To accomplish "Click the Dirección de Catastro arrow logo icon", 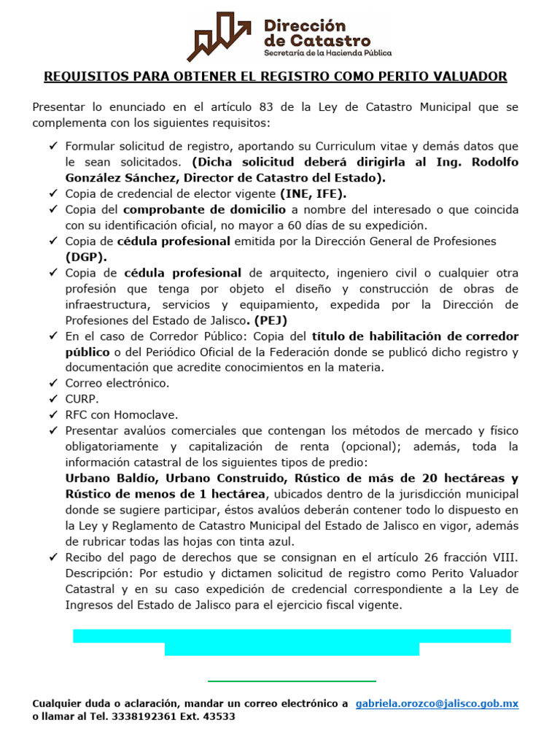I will point(222,36).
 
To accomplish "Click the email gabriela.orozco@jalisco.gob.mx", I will point(437,704).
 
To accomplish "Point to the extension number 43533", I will point(219,716).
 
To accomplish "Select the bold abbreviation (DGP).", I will point(86,257).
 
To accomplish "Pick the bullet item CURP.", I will point(81,399).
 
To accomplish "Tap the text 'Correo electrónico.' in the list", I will point(117,383).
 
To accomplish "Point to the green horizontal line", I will point(292,681).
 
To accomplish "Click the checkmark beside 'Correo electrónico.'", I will point(53,383).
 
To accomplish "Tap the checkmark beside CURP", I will point(53,399).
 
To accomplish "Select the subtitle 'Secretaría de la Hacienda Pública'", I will point(327,53).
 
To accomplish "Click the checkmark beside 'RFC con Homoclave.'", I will point(53,414).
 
